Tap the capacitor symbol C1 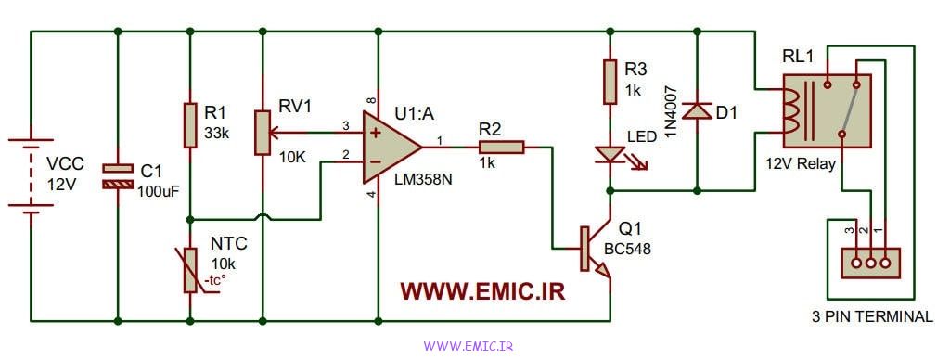point(117,176)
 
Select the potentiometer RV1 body point(263,131)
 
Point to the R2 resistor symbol point(502,147)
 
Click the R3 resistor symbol point(610,82)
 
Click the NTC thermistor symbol point(190,269)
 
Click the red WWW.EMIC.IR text point(482,291)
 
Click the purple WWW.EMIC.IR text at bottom point(468,346)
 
